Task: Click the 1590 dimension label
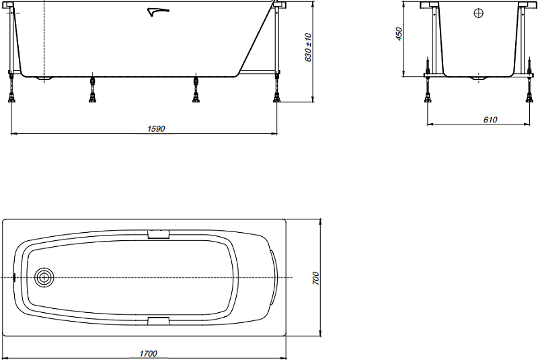pos(156,129)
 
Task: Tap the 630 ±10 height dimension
pos(308,47)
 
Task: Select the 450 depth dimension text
pos(399,34)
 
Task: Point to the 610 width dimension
pos(490,120)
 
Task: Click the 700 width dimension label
pos(315,278)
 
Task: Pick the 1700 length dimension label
pos(148,353)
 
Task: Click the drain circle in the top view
pos(44,277)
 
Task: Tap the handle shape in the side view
pos(157,12)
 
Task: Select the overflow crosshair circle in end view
pos(478,13)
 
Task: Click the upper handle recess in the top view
pos(159,234)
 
